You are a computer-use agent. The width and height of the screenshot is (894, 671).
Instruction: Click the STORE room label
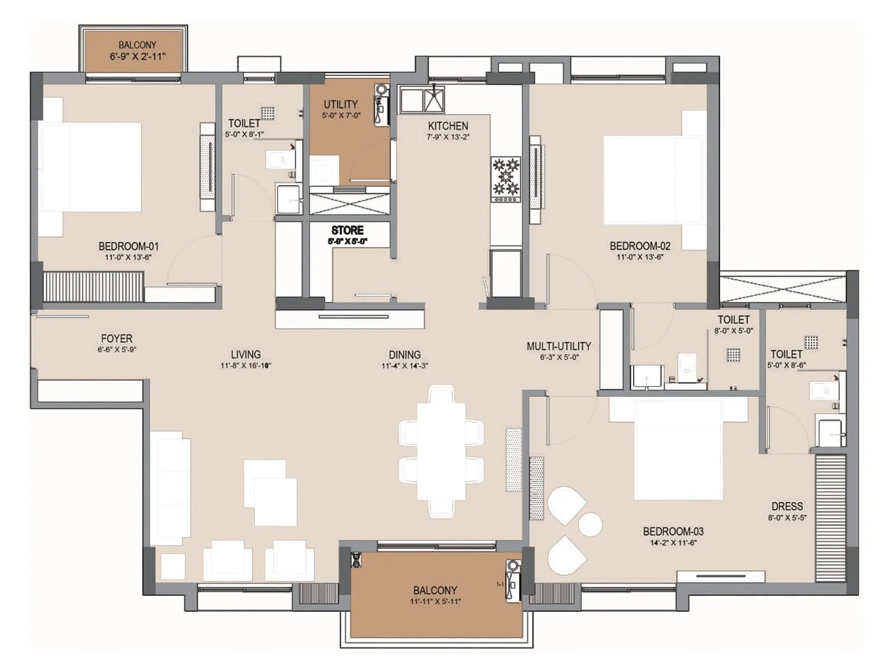pyautogui.click(x=347, y=230)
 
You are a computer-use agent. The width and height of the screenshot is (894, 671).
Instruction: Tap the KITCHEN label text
pyautogui.click(x=448, y=126)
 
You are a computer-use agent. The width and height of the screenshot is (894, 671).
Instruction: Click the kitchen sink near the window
pyautogui.click(x=434, y=100)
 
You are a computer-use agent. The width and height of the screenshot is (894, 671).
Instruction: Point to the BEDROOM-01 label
pyautogui.click(x=129, y=246)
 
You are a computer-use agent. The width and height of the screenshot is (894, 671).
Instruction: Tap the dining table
pyautogui.click(x=441, y=451)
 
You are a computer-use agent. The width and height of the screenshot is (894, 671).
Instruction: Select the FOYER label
pyautogui.click(x=116, y=339)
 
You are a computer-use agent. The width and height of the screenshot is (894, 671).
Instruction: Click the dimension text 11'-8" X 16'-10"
pyautogui.click(x=246, y=366)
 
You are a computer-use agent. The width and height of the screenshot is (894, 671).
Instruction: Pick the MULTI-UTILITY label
pyautogui.click(x=558, y=346)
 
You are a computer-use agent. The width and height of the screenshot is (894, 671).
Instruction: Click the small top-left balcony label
pyautogui.click(x=137, y=45)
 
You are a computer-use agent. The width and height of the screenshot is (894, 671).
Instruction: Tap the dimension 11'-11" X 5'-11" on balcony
pyautogui.click(x=435, y=602)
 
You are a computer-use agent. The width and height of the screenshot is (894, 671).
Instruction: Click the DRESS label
pyautogui.click(x=787, y=507)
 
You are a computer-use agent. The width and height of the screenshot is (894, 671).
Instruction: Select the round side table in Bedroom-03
pyautogui.click(x=590, y=524)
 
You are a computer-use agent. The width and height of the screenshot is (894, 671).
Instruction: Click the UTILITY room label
pyautogui.click(x=340, y=105)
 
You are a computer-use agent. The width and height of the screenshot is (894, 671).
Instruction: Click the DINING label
pyautogui.click(x=405, y=355)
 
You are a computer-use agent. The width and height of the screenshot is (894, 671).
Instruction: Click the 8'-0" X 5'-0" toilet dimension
pyautogui.click(x=733, y=331)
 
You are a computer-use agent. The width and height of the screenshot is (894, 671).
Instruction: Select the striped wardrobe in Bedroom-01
pyautogui.click(x=93, y=286)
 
